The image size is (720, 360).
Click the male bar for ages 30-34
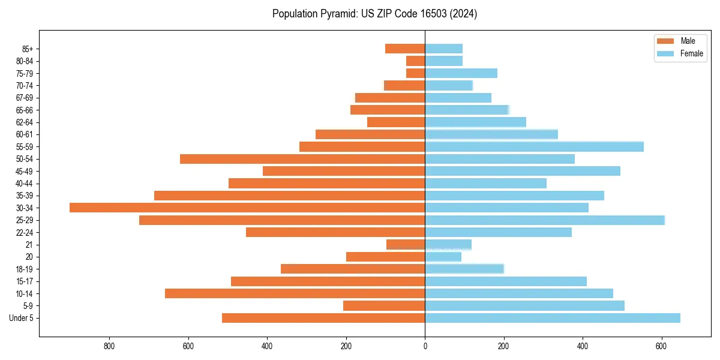coord(247,208)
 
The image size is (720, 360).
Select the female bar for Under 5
coord(553,318)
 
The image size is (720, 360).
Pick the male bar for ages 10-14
coord(295,293)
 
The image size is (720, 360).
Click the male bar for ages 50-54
coord(302,159)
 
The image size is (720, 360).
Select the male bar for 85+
coord(405,49)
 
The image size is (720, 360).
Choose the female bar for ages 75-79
coord(461,73)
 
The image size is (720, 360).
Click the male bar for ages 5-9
coord(384,306)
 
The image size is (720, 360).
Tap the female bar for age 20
coord(443,257)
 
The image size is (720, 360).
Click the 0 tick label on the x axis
coord(425,346)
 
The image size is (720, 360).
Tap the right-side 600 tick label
coord(662,346)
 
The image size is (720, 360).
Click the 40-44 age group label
coord(24,184)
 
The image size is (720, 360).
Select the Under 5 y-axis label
coord(21,318)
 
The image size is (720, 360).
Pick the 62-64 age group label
coord(24,122)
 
